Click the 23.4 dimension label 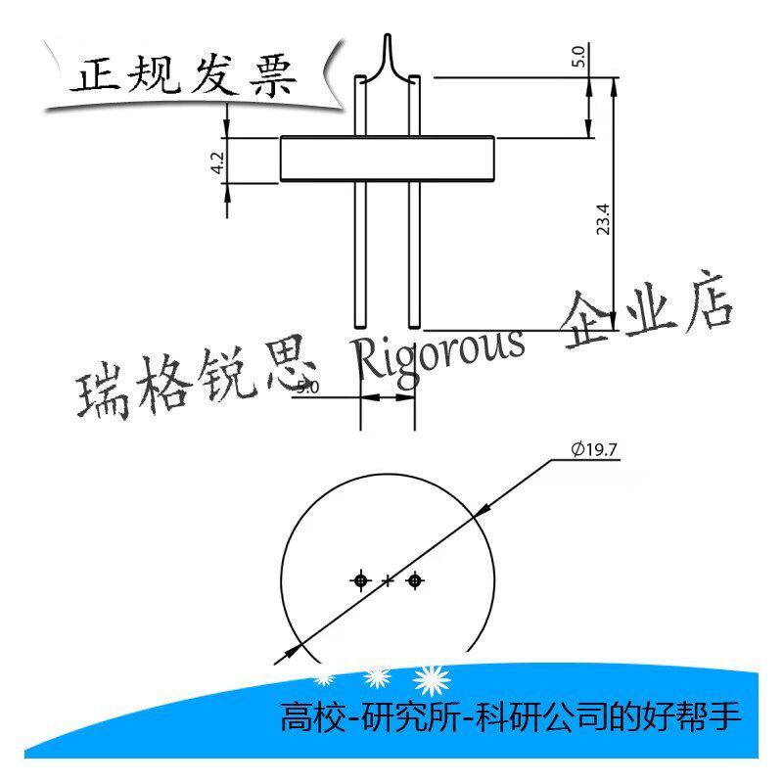pyautogui.click(x=603, y=218)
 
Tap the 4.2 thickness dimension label pyautogui.click(x=217, y=162)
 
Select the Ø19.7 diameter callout pyautogui.click(x=594, y=449)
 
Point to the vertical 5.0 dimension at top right pyautogui.click(x=578, y=56)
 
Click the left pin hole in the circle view pyautogui.click(x=360, y=580)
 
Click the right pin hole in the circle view pyautogui.click(x=414, y=580)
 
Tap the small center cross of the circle pyautogui.click(x=388, y=580)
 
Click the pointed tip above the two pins pyautogui.click(x=388, y=35)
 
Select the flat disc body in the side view pyautogui.click(x=388, y=159)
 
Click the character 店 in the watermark pyautogui.click(x=708, y=301)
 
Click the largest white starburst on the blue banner pyautogui.click(x=433, y=681)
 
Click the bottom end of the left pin pyautogui.click(x=360, y=327)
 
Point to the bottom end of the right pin pyautogui.click(x=414, y=327)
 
